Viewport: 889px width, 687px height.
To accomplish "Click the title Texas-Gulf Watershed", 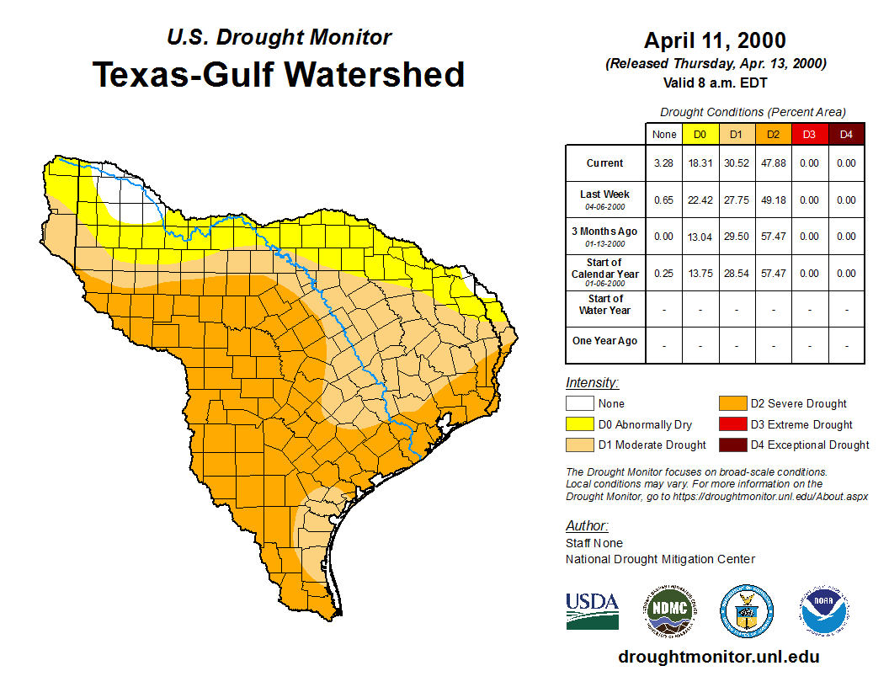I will click(x=278, y=74).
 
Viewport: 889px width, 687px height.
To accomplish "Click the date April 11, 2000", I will click(x=715, y=40).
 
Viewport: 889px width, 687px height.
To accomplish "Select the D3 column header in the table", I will click(x=809, y=134).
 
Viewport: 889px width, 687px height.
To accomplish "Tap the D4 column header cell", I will click(x=846, y=134).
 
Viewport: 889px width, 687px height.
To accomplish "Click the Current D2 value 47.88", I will click(x=772, y=163).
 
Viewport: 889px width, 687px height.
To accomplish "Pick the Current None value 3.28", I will click(x=664, y=163).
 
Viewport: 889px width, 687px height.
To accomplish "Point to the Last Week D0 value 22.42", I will click(x=700, y=200).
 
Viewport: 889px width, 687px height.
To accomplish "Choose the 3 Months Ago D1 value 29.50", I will click(x=736, y=237).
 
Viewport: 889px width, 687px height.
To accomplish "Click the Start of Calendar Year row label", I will click(x=605, y=273).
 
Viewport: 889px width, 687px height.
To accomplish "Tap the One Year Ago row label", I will click(x=605, y=341).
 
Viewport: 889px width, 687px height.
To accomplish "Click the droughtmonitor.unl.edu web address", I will click(x=718, y=657).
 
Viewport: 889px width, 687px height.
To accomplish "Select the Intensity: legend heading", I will click(x=592, y=382).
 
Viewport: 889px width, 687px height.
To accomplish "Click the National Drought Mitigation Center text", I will click(x=660, y=559).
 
